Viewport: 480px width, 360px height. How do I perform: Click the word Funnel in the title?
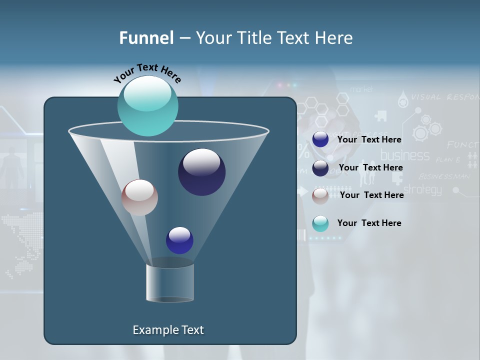146,38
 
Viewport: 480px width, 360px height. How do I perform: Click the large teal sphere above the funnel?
147,105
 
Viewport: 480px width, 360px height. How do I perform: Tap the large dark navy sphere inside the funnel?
201,172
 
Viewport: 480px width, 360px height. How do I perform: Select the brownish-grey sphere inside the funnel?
139,197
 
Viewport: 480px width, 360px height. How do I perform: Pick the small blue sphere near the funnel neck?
179,240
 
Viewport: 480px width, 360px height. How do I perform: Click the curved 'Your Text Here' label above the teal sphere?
147,73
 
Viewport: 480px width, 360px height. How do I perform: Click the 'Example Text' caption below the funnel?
168,330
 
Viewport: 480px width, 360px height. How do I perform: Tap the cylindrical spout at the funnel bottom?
170,282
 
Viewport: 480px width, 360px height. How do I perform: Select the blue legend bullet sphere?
320,139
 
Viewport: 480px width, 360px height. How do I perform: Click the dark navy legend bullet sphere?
320,168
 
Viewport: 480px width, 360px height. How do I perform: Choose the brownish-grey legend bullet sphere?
320,195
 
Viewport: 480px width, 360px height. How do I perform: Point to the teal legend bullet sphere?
320,223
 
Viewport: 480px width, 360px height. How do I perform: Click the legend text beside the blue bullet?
369,140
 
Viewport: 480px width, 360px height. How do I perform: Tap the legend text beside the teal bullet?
369,223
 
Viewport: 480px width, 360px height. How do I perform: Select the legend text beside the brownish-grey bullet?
371,195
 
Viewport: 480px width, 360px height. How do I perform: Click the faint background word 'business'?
405,155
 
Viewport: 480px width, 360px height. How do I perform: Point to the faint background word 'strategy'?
422,189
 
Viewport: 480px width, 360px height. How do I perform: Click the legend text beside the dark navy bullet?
370,167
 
